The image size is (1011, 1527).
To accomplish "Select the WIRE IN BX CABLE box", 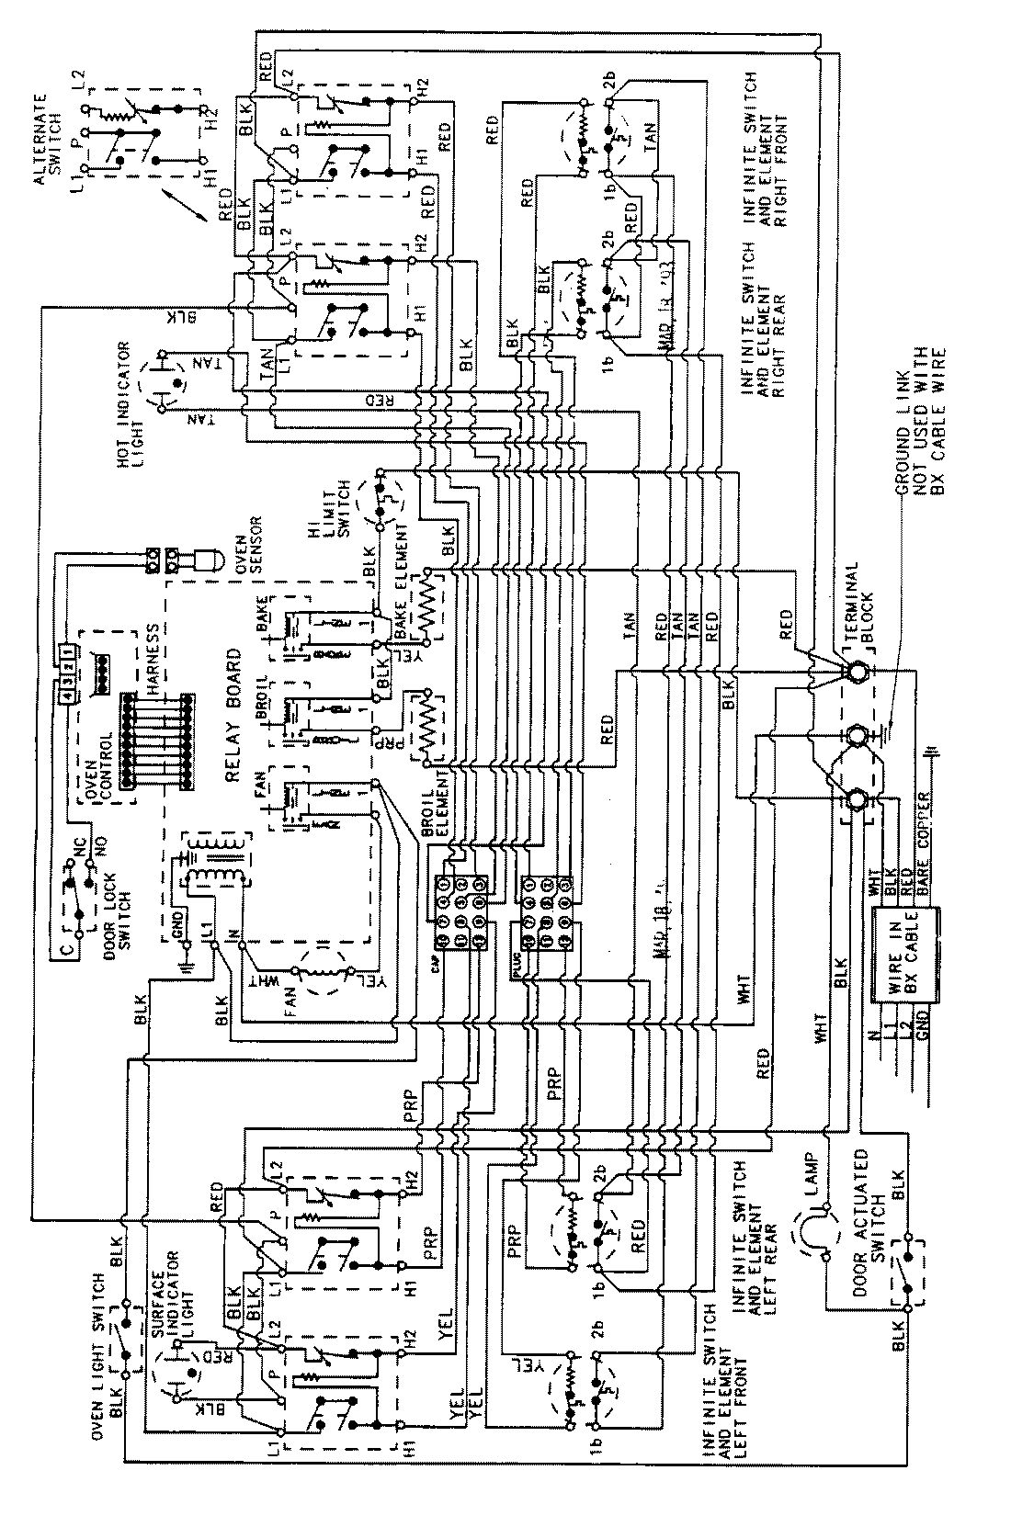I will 904,956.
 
